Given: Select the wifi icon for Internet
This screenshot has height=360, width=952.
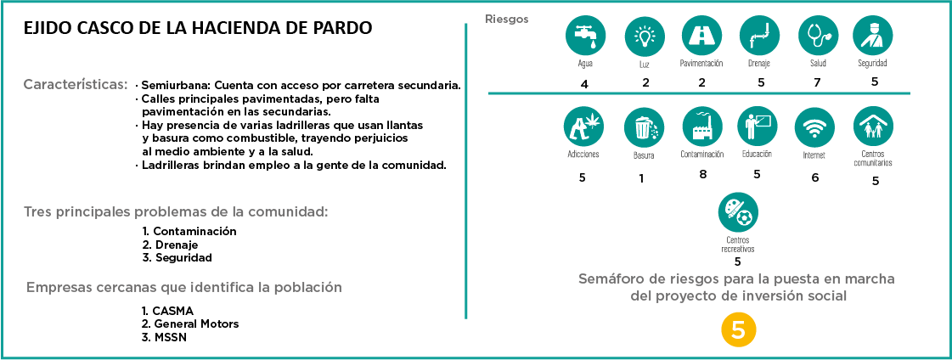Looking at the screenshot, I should [x=814, y=128].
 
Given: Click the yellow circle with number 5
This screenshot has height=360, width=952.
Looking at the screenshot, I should [x=738, y=331].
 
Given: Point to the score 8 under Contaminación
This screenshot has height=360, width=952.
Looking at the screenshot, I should [x=702, y=174].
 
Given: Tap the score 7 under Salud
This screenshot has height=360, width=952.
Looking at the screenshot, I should [x=818, y=82].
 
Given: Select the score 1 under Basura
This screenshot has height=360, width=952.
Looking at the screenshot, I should [x=640, y=178].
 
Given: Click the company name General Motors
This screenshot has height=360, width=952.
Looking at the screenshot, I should [x=195, y=323].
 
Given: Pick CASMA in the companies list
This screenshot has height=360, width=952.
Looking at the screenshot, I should [x=173, y=310].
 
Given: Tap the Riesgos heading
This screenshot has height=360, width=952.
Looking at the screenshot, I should [x=506, y=18].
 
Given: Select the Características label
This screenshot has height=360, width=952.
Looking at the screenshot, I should [x=76, y=85].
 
